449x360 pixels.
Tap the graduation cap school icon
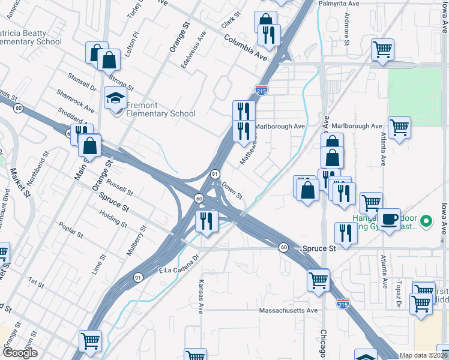point(116,98)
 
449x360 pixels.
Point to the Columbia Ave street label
point(246,47)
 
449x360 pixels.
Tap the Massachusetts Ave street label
point(288,310)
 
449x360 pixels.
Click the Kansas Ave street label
point(201,296)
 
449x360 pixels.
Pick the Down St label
point(232,191)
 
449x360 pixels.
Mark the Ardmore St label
point(347,34)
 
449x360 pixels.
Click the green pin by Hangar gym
point(426,221)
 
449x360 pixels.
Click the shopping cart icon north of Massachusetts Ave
point(318,280)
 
